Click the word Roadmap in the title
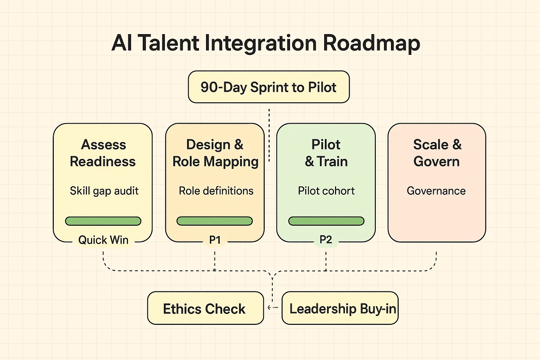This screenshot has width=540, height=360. pyautogui.click(x=371, y=43)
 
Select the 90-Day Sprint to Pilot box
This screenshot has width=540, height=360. pyautogui.click(x=269, y=87)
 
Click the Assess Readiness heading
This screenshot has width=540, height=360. pyautogui.click(x=103, y=153)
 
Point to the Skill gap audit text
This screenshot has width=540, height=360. pyautogui.click(x=104, y=191)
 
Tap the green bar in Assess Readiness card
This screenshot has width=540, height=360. pyautogui.click(x=103, y=221)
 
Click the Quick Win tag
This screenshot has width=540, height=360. pyautogui.click(x=103, y=240)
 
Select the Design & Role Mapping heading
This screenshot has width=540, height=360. pyautogui.click(x=215, y=153)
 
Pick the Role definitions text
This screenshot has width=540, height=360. pyautogui.click(x=216, y=191)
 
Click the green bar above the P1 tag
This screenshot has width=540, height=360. pyautogui.click(x=214, y=221)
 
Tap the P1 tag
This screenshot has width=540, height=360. pyautogui.click(x=215, y=240)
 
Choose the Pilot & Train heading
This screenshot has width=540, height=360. pyautogui.click(x=326, y=153)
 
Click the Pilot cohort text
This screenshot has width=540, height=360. pyautogui.click(x=326, y=191)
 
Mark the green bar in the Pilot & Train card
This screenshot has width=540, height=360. pyautogui.click(x=326, y=221)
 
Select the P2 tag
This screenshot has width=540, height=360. pyautogui.click(x=326, y=240)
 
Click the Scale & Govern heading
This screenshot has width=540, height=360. pyautogui.click(x=437, y=153)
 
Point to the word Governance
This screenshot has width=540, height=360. pyautogui.click(x=436, y=191)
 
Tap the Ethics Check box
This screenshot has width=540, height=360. pyautogui.click(x=205, y=308)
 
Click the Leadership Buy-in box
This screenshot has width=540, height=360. pyautogui.click(x=340, y=308)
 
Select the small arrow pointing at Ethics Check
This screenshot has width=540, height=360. pyautogui.click(x=270, y=307)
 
